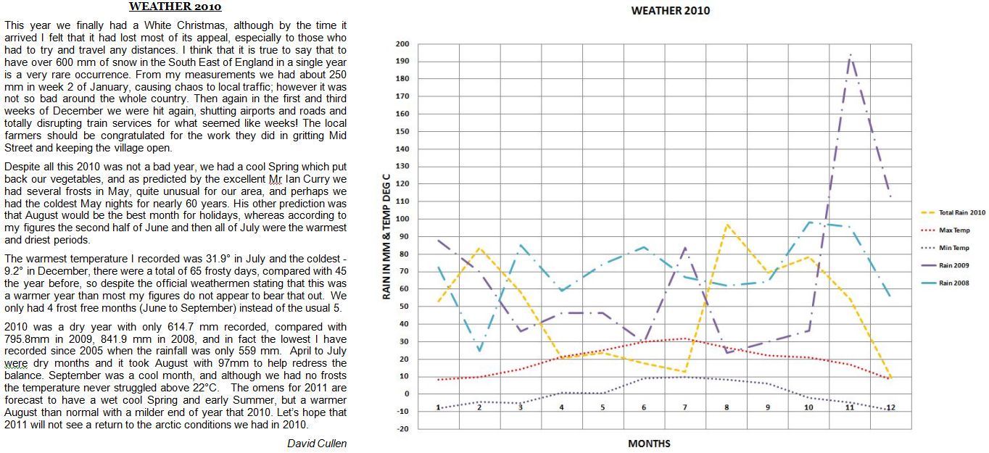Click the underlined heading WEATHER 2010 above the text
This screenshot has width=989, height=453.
175,7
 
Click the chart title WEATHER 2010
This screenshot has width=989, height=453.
671,11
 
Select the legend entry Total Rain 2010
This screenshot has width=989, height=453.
962,213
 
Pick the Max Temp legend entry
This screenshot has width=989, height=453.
954,230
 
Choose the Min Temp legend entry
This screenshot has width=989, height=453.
953,248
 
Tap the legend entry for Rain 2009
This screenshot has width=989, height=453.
953,265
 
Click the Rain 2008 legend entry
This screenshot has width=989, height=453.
953,283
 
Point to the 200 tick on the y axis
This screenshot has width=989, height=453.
403,44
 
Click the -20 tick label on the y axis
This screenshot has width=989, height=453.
403,428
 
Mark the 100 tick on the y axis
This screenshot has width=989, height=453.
403,219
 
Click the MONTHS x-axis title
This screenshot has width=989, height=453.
649,444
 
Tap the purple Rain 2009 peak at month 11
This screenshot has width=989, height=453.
850,55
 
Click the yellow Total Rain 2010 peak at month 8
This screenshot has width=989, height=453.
727,225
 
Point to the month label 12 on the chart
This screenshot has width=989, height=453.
891,407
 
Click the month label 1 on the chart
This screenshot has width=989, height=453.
438,407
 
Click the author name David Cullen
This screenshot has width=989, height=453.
317,444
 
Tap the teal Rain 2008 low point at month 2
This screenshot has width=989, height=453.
479,351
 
